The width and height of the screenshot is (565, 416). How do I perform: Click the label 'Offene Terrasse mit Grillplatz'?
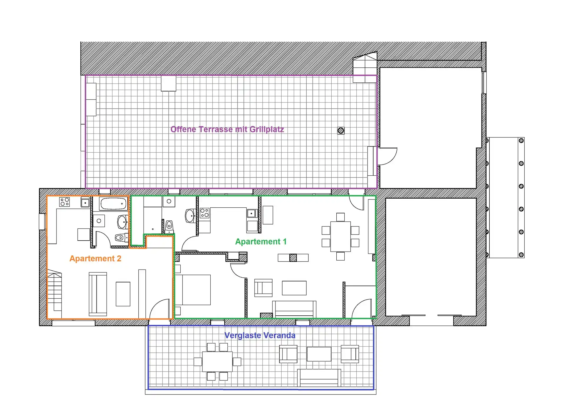[x=227, y=129]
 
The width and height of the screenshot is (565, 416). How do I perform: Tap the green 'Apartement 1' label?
[x=261, y=242]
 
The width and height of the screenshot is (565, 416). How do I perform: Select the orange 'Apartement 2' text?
[x=95, y=259]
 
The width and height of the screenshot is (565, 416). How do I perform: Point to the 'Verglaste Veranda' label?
[x=260, y=335]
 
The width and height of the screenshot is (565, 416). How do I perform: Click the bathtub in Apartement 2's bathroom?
[x=113, y=203]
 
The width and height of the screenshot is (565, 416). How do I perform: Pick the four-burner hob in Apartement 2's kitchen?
[x=65, y=202]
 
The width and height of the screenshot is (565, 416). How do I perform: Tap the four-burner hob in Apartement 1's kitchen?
[x=205, y=213]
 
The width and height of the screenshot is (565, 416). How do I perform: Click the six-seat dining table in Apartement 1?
[x=340, y=237]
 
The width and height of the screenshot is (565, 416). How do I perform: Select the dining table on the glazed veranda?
[x=217, y=362]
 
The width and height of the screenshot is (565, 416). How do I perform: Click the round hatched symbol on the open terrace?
[x=341, y=131]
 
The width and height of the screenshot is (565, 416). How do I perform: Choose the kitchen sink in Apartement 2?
[x=85, y=203]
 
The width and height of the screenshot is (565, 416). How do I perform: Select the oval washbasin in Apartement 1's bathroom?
[x=190, y=216]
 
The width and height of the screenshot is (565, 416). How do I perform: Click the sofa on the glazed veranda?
[x=319, y=378]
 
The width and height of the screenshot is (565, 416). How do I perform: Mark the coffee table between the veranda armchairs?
[x=319, y=354]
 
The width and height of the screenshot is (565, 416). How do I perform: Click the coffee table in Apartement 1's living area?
[x=294, y=288]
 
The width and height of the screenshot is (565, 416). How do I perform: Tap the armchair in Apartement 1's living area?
[x=263, y=288]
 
